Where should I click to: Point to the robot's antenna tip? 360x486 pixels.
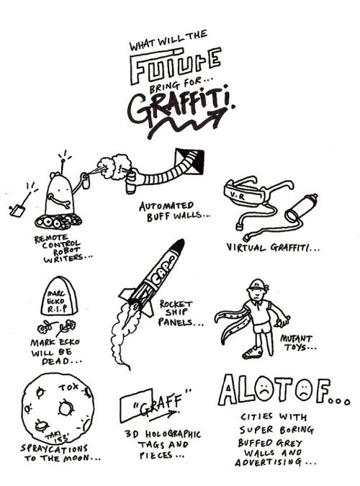tap(63, 161)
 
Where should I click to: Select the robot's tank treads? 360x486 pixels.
tap(58, 221)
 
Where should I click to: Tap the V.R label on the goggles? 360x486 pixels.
tap(238, 196)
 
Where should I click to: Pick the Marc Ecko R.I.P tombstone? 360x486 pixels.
tap(59, 297)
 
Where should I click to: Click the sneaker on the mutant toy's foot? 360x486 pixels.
tap(252, 352)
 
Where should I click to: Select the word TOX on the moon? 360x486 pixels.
tap(68, 387)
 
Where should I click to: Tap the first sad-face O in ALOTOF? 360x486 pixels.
tap(264, 390)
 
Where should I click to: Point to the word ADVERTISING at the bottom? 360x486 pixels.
tap(268, 462)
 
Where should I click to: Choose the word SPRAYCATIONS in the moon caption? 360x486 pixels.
tap(54, 448)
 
